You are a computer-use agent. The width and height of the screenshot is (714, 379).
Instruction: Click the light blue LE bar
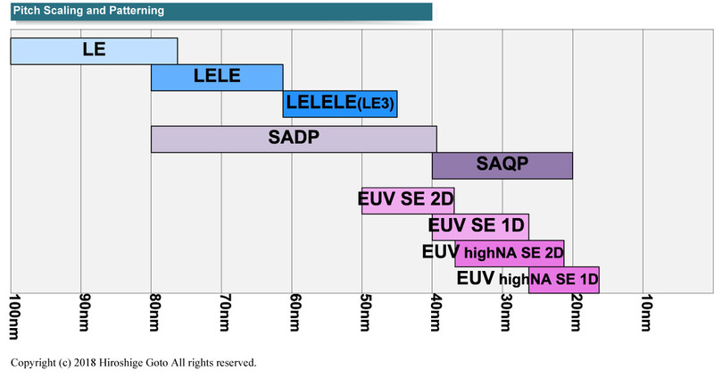[x=94, y=51]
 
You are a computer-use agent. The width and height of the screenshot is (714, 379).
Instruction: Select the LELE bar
[x=217, y=78]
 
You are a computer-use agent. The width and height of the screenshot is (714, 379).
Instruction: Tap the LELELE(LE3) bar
[x=340, y=105]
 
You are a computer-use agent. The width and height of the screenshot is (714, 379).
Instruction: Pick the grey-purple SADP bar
[x=294, y=139]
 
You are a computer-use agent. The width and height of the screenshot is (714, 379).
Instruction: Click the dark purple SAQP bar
[x=502, y=166]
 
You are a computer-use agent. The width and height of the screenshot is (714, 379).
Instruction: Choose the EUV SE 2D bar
[x=408, y=200]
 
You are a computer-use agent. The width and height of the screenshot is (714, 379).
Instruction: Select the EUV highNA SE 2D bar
[x=510, y=253]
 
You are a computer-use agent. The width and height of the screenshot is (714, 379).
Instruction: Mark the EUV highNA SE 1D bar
[x=564, y=280]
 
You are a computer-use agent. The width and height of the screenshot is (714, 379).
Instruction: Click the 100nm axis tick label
[x=12, y=317]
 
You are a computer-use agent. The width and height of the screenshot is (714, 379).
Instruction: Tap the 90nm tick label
[x=83, y=314]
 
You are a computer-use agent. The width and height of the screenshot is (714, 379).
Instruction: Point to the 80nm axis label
[x=154, y=314]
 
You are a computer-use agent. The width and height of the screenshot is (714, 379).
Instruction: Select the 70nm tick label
[x=223, y=314]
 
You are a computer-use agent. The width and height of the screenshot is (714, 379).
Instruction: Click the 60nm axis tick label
[x=294, y=314]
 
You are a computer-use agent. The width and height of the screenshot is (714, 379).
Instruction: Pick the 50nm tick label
[x=364, y=314]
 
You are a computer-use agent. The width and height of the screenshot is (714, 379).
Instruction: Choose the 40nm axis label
[x=435, y=314]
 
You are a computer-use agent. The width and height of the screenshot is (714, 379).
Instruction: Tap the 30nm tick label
[x=505, y=314]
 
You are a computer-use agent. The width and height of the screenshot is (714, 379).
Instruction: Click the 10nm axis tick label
[x=645, y=314]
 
